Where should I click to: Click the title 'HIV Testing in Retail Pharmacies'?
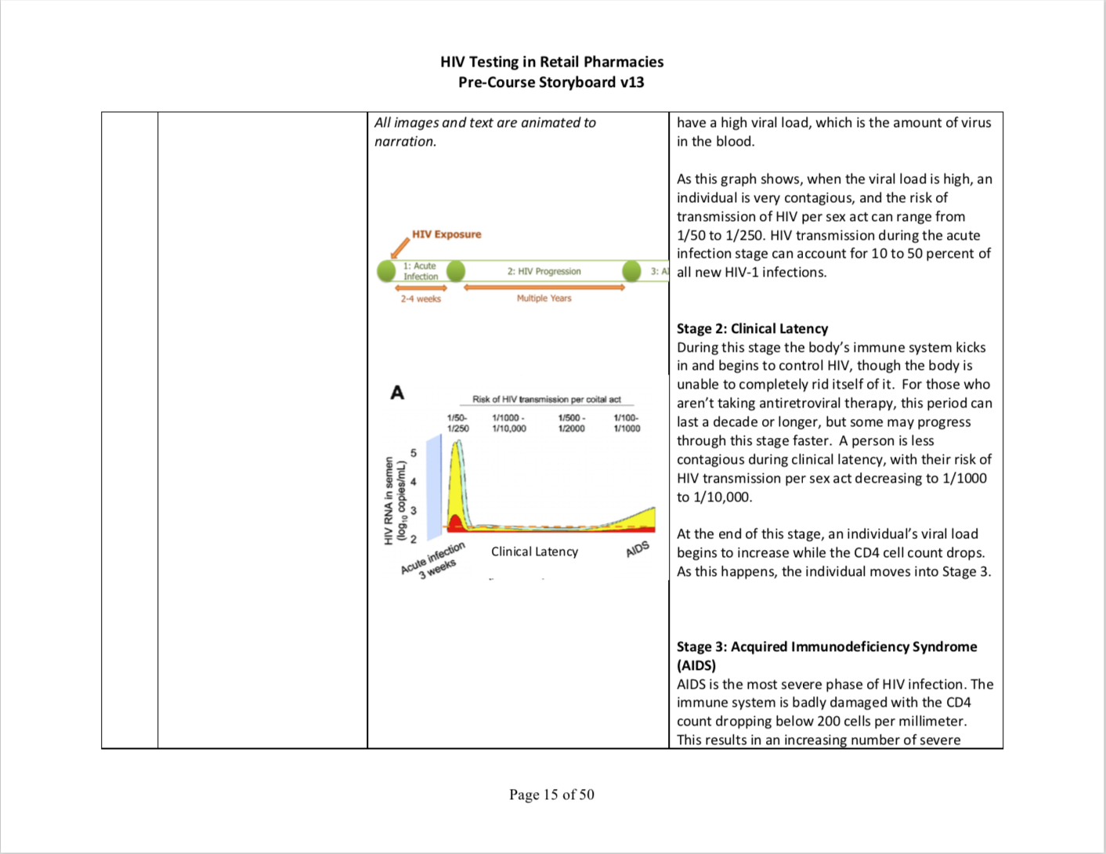pyautogui.click(x=551, y=62)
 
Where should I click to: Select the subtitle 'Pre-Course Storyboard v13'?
pyautogui.click(x=551, y=82)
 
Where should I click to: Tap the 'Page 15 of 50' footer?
pyautogui.click(x=551, y=794)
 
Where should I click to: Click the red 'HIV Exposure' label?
pyautogui.click(x=446, y=234)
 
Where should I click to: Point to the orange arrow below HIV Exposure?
pyautogui.click(x=399, y=248)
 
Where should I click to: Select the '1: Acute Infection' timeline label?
pyautogui.click(x=421, y=271)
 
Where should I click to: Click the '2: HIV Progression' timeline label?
pyautogui.click(x=544, y=271)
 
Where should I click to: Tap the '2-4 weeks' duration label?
pyautogui.click(x=421, y=299)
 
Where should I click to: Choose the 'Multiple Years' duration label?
pyautogui.click(x=544, y=299)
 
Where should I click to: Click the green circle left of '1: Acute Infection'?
pyautogui.click(x=386, y=271)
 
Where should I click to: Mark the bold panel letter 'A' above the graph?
pyautogui.click(x=397, y=393)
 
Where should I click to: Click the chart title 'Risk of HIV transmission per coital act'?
pyautogui.click(x=546, y=400)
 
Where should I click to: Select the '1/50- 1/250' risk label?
pyautogui.click(x=457, y=423)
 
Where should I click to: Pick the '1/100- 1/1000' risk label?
pyautogui.click(x=626, y=423)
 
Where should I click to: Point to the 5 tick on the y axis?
pyautogui.click(x=414, y=454)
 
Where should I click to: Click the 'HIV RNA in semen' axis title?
pyautogui.click(x=389, y=501)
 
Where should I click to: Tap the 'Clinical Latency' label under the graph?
pyautogui.click(x=534, y=552)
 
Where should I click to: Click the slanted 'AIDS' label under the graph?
pyautogui.click(x=638, y=548)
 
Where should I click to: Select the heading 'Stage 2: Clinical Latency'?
pyautogui.click(x=752, y=329)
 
